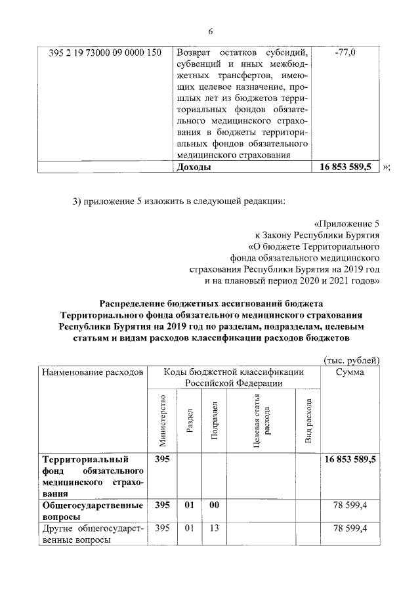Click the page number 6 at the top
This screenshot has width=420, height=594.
click(x=211, y=31)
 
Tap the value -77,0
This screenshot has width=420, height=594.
click(x=345, y=53)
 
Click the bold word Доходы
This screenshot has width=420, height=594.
click(x=195, y=167)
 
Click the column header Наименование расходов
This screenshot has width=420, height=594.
click(x=92, y=372)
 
